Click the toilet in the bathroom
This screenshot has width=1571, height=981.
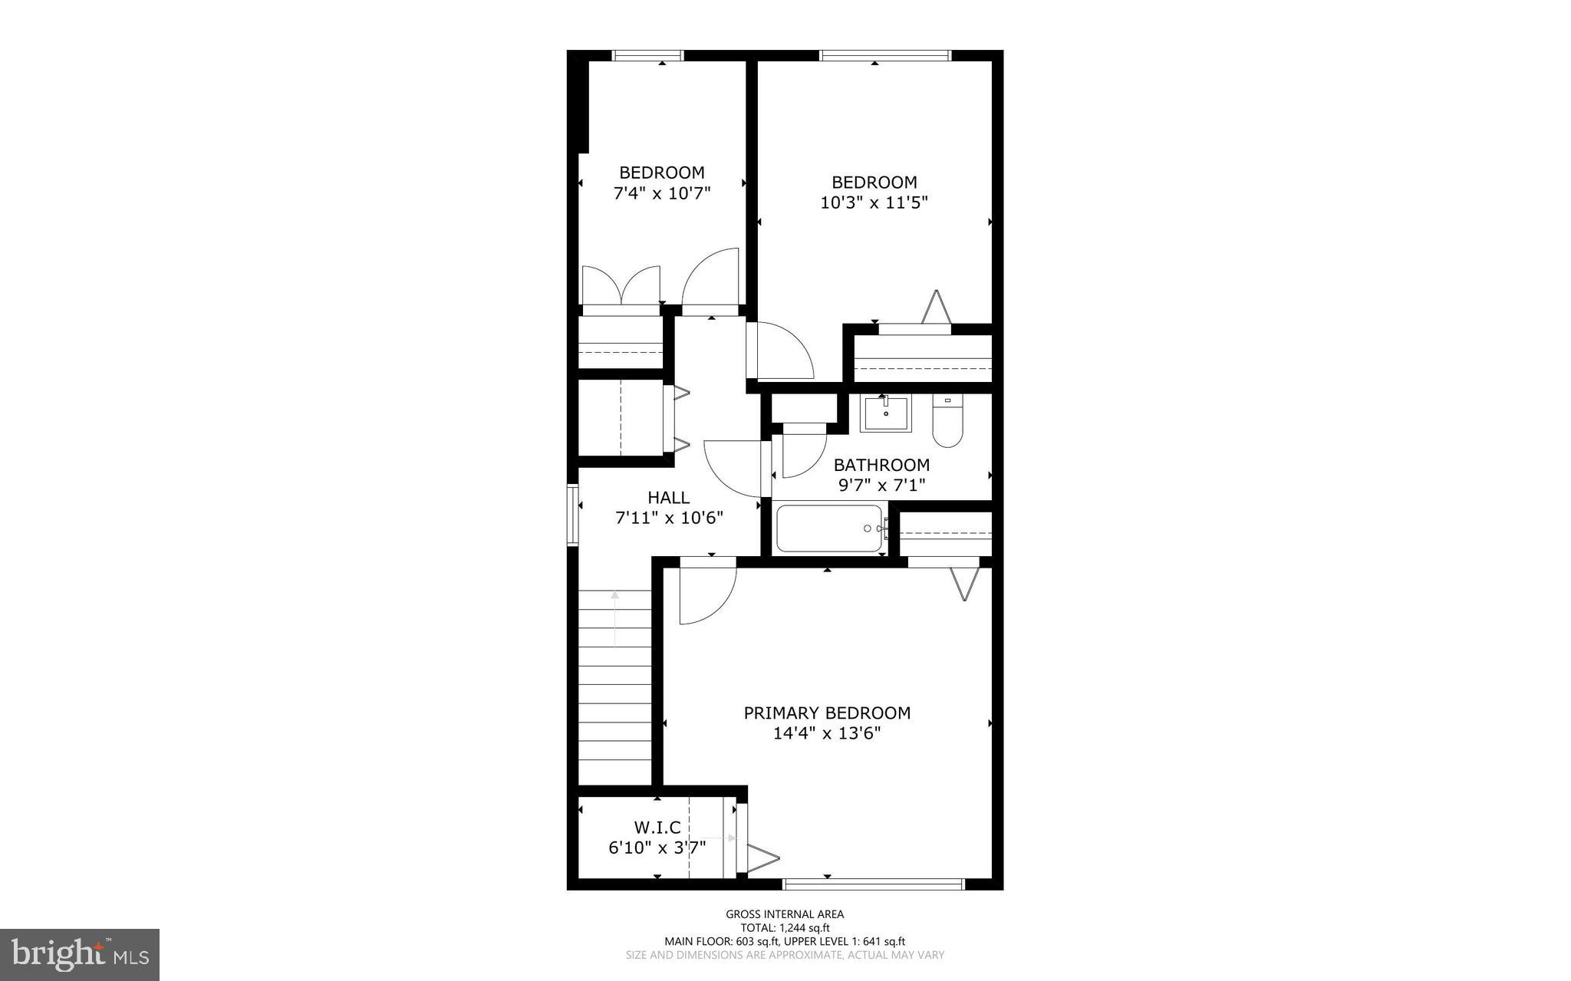[x=947, y=423]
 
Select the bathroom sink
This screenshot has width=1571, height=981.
[x=886, y=414]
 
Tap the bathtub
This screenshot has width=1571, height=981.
[x=829, y=528]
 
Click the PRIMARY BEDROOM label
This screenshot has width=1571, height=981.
[x=827, y=713]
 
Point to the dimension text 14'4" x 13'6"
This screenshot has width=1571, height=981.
[x=827, y=734]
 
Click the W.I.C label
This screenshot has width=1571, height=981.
[x=657, y=828]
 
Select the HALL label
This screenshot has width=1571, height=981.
[x=668, y=498]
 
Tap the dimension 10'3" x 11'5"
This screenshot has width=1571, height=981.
[x=874, y=203]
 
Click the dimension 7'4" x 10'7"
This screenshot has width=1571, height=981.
[x=662, y=193]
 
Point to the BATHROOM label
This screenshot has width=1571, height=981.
[x=881, y=465]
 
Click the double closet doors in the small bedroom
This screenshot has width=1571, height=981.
[x=621, y=288]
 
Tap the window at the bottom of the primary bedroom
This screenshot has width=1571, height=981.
[x=873, y=884]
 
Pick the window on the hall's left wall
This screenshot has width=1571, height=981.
[x=572, y=515]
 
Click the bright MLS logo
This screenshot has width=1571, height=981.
[x=80, y=954]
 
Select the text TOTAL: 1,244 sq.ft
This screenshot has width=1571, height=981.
[x=785, y=928]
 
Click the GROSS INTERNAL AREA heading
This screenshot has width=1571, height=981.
[x=785, y=914]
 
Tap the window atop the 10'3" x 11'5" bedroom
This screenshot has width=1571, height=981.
[x=885, y=55]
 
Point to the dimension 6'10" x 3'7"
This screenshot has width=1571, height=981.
[x=657, y=848]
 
